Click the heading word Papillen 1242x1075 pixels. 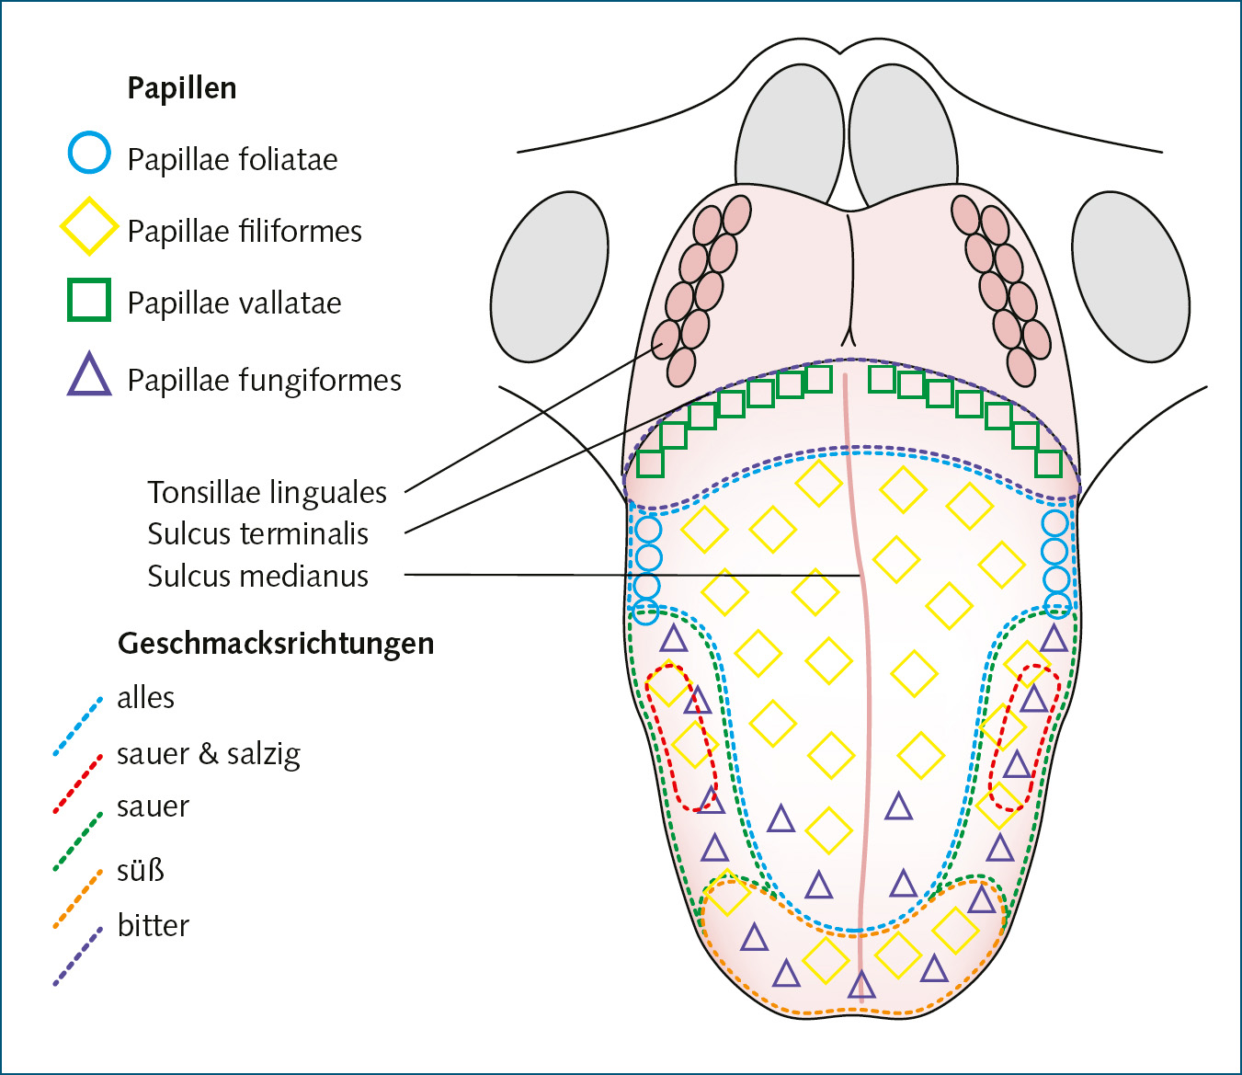point(182,88)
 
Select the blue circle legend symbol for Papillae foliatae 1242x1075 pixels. point(89,153)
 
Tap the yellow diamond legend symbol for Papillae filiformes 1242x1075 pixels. point(88,226)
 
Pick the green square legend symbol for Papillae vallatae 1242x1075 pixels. point(89,300)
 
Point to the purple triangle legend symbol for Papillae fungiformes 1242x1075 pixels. point(89,375)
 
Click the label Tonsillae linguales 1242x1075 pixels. point(267,492)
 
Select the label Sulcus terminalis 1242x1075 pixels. point(257,533)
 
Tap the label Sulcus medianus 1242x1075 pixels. point(257,576)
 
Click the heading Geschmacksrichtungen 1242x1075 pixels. point(276,643)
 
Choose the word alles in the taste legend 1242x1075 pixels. point(145,697)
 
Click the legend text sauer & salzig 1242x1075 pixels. point(209,754)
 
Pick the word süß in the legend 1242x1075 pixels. point(141,869)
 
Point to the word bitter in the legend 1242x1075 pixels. point(153,925)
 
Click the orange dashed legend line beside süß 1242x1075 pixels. point(77,899)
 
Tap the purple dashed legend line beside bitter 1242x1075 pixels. point(77,956)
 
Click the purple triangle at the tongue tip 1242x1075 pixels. point(861,985)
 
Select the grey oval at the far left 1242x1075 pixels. point(549,277)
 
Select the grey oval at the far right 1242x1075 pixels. point(1131,277)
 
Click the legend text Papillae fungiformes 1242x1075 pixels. point(264,380)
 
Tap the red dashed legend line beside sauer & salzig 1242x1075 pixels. point(77,783)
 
